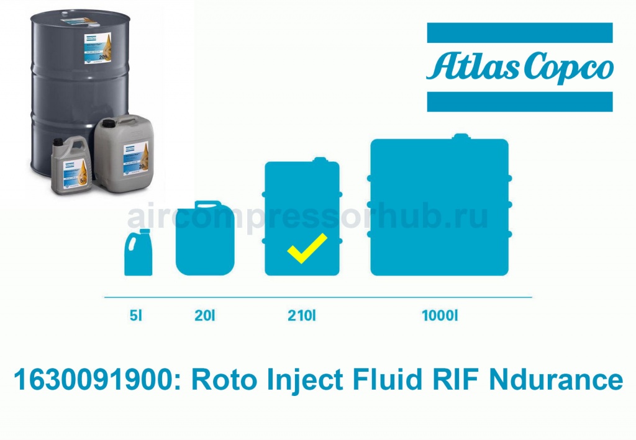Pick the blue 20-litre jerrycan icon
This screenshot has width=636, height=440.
[x=205, y=238]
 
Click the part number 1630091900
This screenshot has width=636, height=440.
[x=96, y=380]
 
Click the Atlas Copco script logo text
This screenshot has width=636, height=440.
[x=519, y=67]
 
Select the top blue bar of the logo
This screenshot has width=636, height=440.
[x=519, y=32]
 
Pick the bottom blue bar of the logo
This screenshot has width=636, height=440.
[x=519, y=101]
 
